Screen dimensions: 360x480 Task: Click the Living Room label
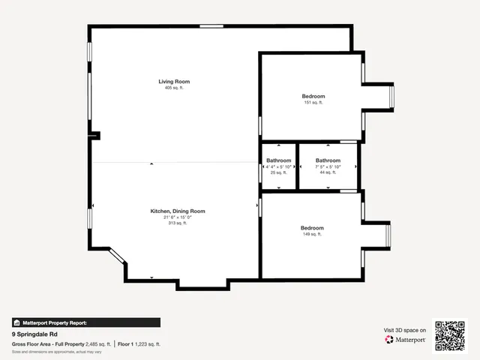click(174, 81)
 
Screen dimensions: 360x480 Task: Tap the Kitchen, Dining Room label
click(178, 211)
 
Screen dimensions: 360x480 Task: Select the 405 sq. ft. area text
click(174, 88)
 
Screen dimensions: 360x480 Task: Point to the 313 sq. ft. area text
click(178, 223)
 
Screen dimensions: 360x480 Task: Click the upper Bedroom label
click(313, 96)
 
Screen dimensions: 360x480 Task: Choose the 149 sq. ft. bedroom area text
click(312, 235)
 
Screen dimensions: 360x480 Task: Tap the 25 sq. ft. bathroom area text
click(278, 172)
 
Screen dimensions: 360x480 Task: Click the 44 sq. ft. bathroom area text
click(328, 172)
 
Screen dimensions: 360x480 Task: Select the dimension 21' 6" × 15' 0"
click(178, 217)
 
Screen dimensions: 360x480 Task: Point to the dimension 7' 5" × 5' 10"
click(328, 166)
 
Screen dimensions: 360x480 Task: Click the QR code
click(451, 336)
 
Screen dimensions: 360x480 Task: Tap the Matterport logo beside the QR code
click(406, 340)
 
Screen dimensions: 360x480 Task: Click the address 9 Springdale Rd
click(35, 334)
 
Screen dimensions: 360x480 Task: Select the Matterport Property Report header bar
click(85, 322)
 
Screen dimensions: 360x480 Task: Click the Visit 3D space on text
click(405, 329)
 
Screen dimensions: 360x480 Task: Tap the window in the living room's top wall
click(211, 27)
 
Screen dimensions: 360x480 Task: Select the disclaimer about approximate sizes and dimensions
click(57, 351)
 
